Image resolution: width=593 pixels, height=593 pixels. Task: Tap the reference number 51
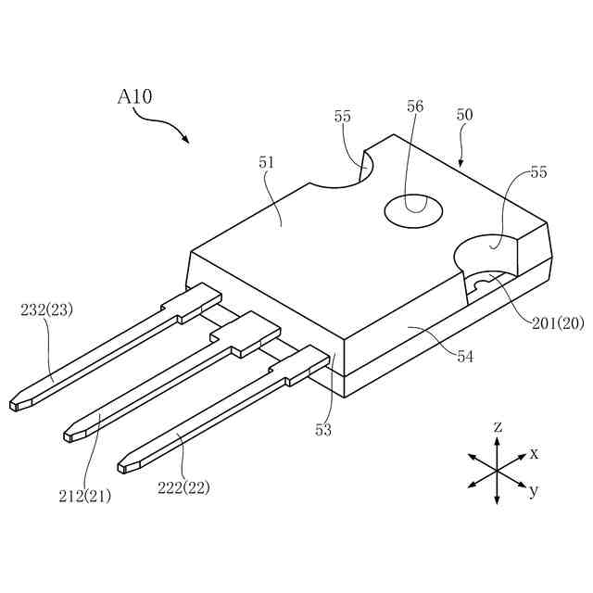(268, 162)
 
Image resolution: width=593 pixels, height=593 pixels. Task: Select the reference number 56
(415, 107)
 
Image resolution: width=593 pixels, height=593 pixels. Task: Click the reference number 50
(465, 115)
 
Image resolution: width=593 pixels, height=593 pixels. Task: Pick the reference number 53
(322, 429)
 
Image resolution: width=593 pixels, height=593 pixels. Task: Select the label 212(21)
(84, 496)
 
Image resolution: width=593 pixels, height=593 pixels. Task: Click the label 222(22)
(183, 486)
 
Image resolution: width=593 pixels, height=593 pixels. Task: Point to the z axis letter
(498, 427)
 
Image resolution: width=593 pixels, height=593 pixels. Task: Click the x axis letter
(534, 453)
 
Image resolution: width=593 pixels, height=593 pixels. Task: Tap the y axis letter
(533, 491)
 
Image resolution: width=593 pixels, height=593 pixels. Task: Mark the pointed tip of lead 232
(14, 405)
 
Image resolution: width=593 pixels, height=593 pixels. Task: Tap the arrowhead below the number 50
(461, 163)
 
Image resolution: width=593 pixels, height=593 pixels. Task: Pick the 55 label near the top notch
(343, 117)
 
